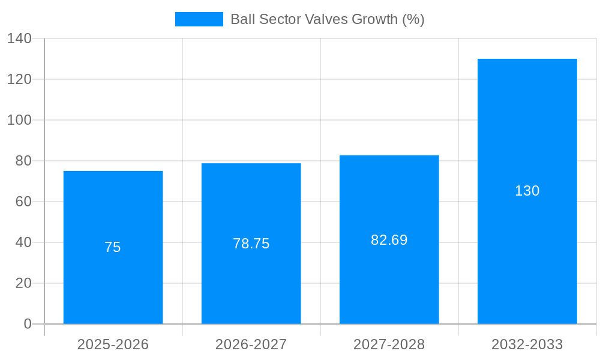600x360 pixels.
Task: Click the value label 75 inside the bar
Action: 113,247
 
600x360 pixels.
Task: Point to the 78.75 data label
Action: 251,244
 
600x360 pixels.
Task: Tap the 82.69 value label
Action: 389,240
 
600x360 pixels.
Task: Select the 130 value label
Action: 527,191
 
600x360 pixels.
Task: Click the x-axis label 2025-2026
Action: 113,344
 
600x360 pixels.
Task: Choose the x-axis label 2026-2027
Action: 251,344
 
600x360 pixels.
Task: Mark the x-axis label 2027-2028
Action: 389,344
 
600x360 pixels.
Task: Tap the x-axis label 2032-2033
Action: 527,344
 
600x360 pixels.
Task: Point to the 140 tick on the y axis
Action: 19,38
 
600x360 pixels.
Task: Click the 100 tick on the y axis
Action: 19,120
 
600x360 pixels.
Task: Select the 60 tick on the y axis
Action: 23,202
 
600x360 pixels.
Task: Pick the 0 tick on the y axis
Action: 27,324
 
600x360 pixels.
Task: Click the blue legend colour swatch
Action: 199,19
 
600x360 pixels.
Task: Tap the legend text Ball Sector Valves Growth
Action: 327,19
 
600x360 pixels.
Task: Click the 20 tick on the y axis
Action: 23,283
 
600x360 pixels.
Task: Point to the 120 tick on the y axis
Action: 19,79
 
